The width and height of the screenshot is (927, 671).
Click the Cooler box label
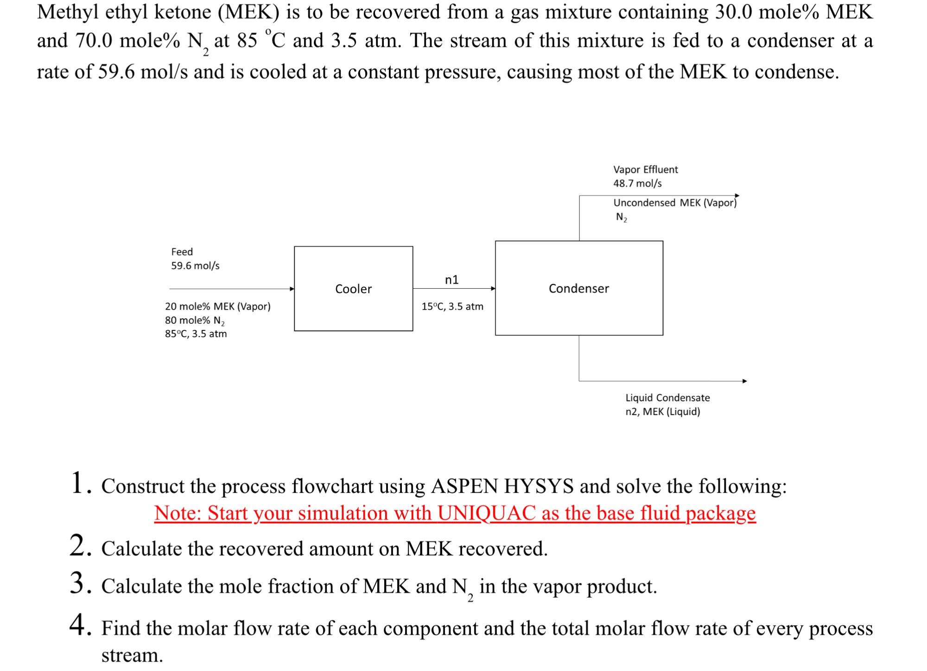pos(353,289)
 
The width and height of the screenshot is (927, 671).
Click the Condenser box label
pos(578,288)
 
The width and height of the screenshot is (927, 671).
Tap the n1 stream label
pos(451,279)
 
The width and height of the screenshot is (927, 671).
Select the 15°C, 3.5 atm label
pos(452,306)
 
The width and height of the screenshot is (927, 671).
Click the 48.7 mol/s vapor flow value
pos(637,184)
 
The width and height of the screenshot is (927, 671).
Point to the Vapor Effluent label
pos(645,170)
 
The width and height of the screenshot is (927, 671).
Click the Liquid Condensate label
pos(667,398)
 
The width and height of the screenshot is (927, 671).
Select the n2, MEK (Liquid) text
pos(662,411)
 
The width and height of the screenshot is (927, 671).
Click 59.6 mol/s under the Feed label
pos(195,266)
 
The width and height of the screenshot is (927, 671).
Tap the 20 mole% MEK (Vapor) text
pos(217,306)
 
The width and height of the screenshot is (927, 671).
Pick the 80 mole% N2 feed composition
pos(195,320)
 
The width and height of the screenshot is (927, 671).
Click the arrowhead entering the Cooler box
pos(292,289)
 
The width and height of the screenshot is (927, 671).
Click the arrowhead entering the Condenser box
pos(493,288)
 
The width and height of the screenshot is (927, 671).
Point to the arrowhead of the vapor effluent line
pos(737,196)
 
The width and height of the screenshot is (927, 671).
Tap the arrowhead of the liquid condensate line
pos(744,381)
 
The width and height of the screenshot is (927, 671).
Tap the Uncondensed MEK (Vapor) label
pos(675,203)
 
